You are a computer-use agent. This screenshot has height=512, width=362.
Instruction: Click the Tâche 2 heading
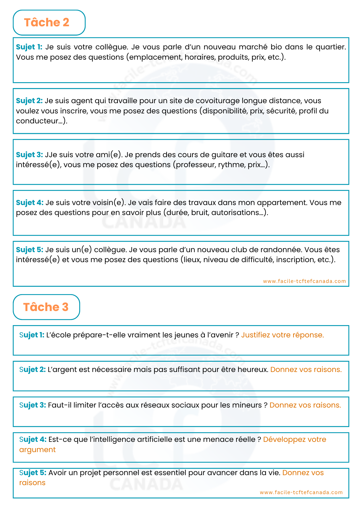(47, 23)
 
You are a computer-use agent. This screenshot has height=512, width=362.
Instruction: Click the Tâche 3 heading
(46, 307)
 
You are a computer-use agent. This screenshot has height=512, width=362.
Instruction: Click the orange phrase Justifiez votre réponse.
(282, 335)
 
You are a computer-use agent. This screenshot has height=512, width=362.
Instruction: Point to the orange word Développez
(284, 440)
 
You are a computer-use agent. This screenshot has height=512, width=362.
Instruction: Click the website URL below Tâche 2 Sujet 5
(304, 281)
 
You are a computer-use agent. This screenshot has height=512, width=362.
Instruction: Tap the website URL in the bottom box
(301, 492)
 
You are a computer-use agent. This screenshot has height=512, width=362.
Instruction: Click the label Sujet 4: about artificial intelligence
(33, 439)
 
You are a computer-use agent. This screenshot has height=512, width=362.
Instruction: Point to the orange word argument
(37, 450)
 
